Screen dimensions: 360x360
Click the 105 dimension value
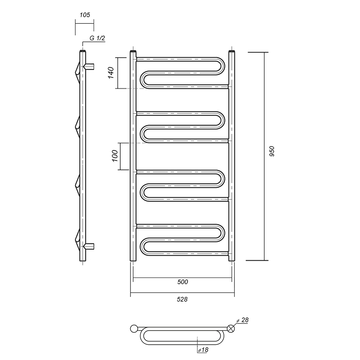coord(85,15)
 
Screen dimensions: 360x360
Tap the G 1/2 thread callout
coord(97,38)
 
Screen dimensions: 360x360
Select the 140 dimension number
coord(111,73)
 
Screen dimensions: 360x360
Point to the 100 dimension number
coord(115,156)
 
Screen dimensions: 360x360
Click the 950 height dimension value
coord(271,152)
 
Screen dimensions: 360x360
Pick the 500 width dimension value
coord(183,282)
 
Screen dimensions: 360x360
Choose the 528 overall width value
coord(182,299)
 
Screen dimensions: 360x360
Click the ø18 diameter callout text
coord(203,350)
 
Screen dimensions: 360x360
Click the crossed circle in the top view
coord(231,329)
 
